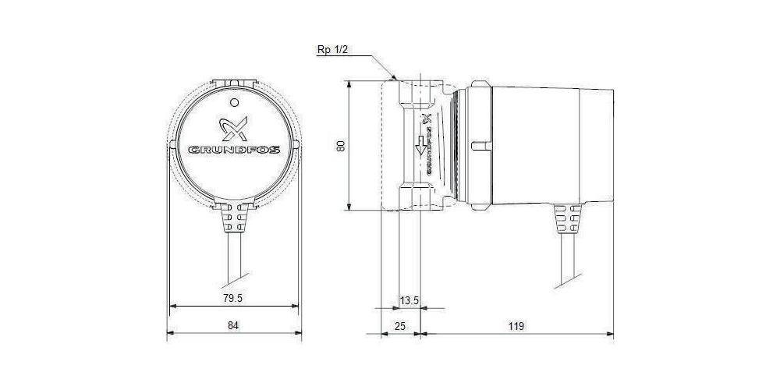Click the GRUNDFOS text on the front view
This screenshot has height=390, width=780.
pos(235,149)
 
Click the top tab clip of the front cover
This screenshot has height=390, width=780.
pos(235,80)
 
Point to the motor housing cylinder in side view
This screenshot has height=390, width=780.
pos(546,144)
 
